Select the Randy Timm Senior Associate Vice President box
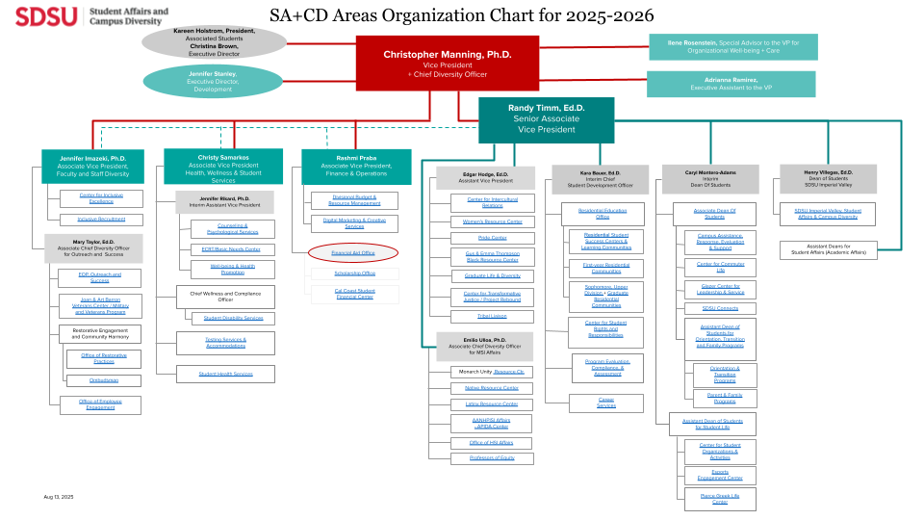click(x=546, y=119)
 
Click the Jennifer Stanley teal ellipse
click(x=213, y=82)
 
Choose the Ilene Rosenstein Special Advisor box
click(x=731, y=47)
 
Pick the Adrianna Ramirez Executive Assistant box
click(x=731, y=84)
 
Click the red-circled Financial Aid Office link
click(x=353, y=252)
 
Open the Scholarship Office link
click(x=353, y=273)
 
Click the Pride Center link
click(x=491, y=237)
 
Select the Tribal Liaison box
click(x=491, y=316)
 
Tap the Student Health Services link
click(x=225, y=374)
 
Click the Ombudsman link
click(x=103, y=380)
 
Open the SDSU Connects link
click(x=720, y=308)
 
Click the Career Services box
click(x=606, y=403)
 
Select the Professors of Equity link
click(x=491, y=457)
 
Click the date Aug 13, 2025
click(x=58, y=497)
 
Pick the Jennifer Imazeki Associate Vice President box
click(x=92, y=166)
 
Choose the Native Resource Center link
click(x=491, y=388)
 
